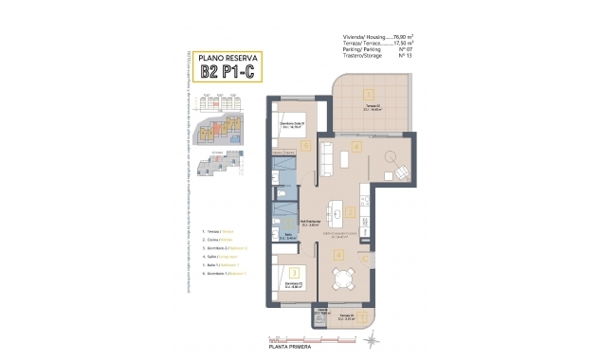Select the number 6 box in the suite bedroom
click(305, 146)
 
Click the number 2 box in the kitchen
click(350, 214)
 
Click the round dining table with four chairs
click(340, 279)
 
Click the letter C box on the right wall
click(364, 257)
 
